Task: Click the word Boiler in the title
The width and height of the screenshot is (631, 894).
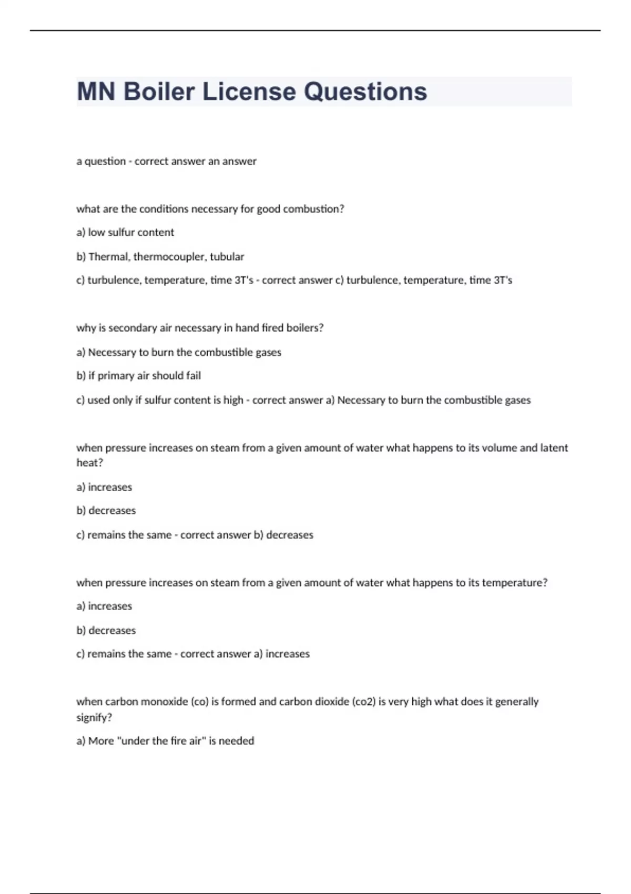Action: pos(159,92)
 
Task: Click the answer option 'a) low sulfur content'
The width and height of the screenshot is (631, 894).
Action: pos(125,232)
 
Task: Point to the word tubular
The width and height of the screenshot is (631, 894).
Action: pos(227,257)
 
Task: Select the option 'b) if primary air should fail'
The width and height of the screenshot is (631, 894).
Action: pos(139,375)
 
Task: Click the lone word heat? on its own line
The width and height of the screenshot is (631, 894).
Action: pos(89,463)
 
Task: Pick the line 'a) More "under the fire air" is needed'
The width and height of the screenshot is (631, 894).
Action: pos(165,741)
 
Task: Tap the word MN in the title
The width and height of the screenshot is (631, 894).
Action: pos(96,92)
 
